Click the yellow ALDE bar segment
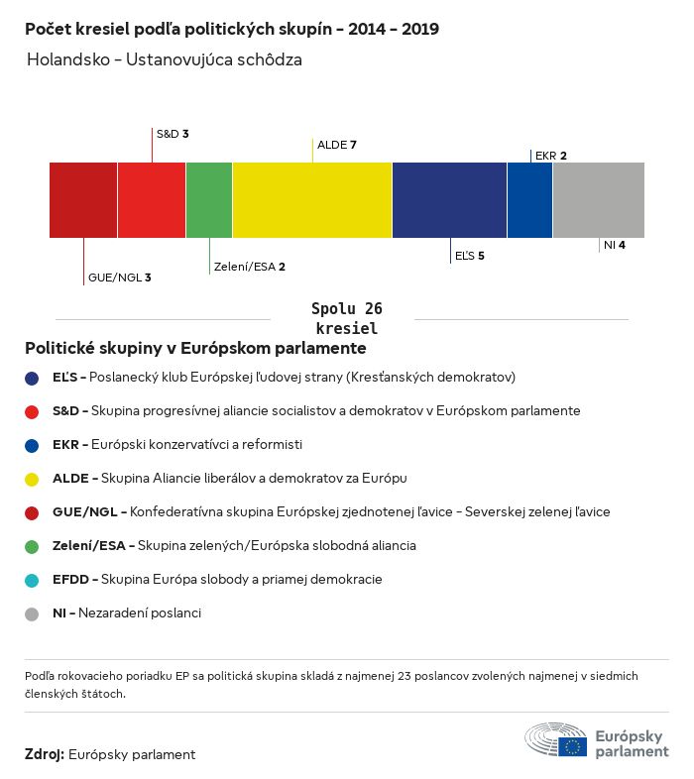[x=312, y=200]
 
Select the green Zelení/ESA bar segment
[x=209, y=200]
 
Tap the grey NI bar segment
[x=598, y=200]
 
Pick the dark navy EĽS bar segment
[x=449, y=200]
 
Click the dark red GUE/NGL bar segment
[x=83, y=200]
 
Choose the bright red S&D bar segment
[x=152, y=200]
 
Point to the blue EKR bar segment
[x=529, y=200]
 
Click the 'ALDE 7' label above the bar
[x=336, y=145]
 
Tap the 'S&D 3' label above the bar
[x=173, y=133]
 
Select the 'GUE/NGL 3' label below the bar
[x=119, y=278]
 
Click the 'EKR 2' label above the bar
[x=550, y=156]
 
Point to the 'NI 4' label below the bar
[x=614, y=244]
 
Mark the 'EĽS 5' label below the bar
[x=469, y=256]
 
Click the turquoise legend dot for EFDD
[x=33, y=580]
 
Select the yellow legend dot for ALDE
[x=33, y=479]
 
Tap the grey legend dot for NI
[x=33, y=613]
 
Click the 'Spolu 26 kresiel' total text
[x=346, y=318]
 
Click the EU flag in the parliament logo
[x=572, y=745]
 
